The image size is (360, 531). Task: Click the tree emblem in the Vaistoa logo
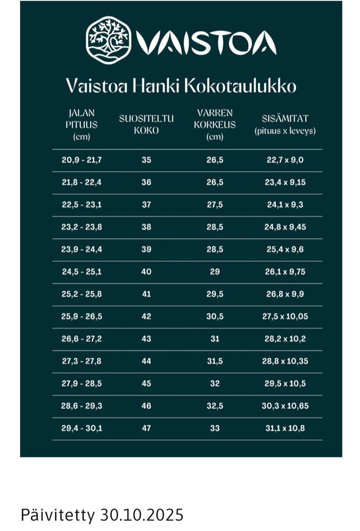tap(109, 40)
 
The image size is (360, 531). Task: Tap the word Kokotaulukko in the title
tap(240, 86)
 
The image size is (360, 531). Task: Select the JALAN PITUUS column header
tap(81, 125)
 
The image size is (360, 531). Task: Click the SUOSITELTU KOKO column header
tap(146, 125)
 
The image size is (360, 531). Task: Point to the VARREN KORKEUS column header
tap(214, 125)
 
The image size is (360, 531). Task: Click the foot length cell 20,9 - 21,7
tap(81, 160)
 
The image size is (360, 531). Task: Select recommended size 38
tap(146, 227)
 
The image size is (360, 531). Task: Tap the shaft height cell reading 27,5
tap(214, 205)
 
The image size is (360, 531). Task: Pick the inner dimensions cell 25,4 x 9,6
tap(285, 249)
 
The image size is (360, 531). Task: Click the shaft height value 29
tap(214, 272)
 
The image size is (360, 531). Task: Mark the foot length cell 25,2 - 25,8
tap(81, 294)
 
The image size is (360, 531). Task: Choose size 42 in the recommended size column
tap(146, 316)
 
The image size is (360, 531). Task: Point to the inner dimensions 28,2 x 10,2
tap(285, 339)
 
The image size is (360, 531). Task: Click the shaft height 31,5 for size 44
tap(214, 361)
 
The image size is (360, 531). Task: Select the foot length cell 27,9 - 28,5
tap(81, 384)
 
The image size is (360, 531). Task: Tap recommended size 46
tap(146, 406)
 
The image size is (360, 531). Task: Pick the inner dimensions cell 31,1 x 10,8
tap(285, 428)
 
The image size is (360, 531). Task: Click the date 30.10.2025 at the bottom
tap(142, 515)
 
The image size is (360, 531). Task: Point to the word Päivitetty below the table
tap(57, 515)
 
